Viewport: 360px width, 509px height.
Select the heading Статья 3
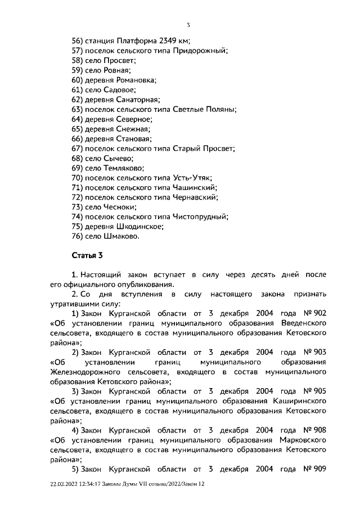pyautogui.click(x=87, y=255)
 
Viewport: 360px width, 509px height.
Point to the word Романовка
pyautogui.click(x=130, y=80)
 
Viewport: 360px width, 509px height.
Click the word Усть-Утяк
pyautogui.click(x=191, y=178)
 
